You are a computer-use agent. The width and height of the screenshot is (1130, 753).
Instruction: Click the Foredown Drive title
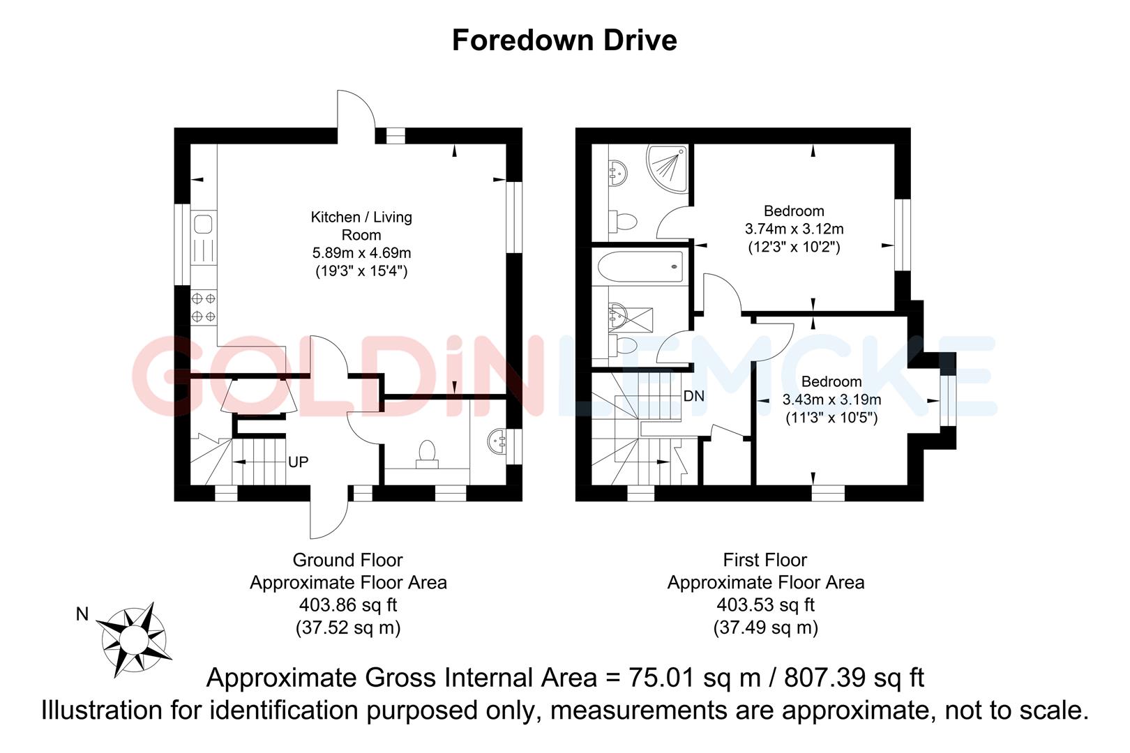(564, 40)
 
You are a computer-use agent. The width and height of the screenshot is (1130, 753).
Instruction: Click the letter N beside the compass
(82, 614)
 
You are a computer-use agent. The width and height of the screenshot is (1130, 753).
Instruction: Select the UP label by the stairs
(298, 462)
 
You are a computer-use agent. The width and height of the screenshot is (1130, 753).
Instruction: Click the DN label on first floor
(693, 396)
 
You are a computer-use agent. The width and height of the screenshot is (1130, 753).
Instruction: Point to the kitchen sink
(203, 225)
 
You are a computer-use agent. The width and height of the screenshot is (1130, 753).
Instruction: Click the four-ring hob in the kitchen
(203, 307)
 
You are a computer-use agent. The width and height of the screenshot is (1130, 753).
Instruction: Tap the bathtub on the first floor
(640, 266)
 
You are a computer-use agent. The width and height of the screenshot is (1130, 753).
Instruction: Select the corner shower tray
(668, 167)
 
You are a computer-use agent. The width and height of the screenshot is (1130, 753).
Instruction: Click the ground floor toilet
(426, 452)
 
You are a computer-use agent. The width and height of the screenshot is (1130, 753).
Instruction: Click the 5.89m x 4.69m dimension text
(361, 253)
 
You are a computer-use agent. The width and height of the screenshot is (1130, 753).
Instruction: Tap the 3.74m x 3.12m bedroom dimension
(794, 229)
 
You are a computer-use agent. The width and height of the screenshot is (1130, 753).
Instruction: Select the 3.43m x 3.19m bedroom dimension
(831, 400)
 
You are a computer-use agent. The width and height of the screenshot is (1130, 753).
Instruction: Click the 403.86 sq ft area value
(347, 605)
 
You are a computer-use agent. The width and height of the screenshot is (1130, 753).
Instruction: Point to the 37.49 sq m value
(765, 627)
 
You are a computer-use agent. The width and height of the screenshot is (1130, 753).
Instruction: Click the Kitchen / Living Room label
(361, 226)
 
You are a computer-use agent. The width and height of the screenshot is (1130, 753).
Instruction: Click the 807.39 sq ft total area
(854, 678)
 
